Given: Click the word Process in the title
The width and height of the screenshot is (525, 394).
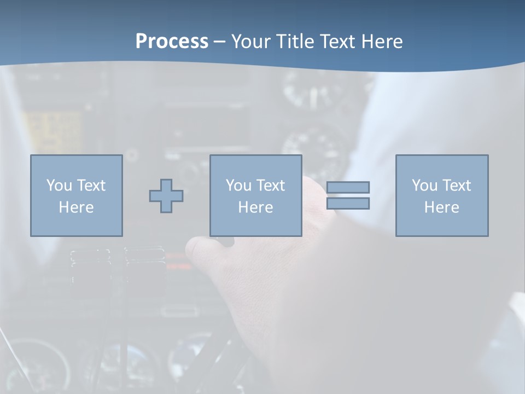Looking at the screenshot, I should (x=172, y=42).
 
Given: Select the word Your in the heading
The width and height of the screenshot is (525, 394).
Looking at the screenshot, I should (x=252, y=42).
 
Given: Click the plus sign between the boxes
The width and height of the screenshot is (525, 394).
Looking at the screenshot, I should (x=166, y=195).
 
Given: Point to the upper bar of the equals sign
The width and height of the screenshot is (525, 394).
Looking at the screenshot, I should (x=348, y=187).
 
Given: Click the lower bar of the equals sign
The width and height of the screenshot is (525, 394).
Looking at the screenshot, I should (x=348, y=204).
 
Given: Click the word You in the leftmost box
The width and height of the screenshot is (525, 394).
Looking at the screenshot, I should (x=59, y=186).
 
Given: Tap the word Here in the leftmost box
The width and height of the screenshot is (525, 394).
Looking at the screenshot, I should (x=77, y=207).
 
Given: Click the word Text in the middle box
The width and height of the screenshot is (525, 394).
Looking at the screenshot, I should (x=271, y=186).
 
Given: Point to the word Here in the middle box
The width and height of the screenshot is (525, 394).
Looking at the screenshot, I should (x=256, y=207).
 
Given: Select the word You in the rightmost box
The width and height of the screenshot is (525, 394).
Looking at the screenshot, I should (x=424, y=186).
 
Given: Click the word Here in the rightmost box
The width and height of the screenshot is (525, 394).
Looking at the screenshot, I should (x=442, y=207).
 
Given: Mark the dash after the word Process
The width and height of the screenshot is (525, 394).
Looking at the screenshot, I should (x=220, y=42).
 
